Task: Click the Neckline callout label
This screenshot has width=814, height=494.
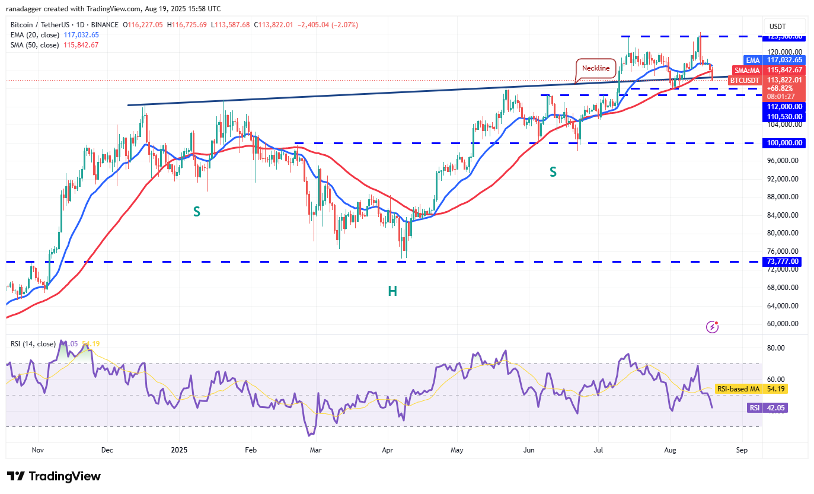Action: (595, 68)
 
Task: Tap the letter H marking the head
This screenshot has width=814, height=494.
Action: (392, 291)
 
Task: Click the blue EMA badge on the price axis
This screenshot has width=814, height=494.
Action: (752, 60)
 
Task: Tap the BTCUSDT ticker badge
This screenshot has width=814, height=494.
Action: (745, 80)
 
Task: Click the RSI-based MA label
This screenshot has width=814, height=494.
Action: (738, 389)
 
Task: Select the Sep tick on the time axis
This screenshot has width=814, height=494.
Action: (741, 450)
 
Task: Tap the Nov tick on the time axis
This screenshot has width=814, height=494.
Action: (38, 450)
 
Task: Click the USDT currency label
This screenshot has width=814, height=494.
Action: (778, 27)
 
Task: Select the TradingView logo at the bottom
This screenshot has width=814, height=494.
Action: (54, 476)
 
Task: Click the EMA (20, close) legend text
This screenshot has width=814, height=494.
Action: (34, 35)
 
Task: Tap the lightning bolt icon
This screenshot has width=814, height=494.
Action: (713, 327)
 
